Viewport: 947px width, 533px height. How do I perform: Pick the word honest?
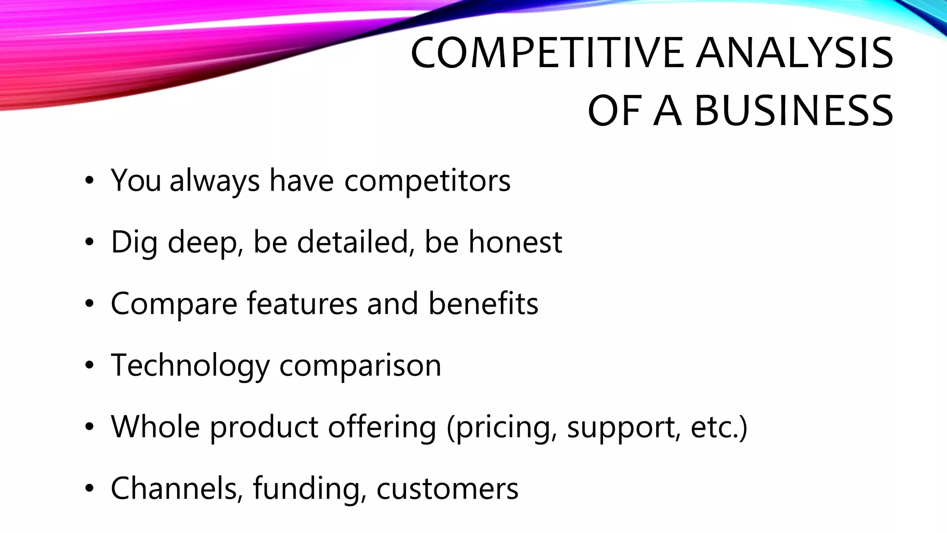[x=515, y=242]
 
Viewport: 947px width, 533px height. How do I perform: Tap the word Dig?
[x=134, y=243]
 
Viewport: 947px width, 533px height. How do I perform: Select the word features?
[x=302, y=304]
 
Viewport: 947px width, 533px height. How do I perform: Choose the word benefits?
[x=483, y=304]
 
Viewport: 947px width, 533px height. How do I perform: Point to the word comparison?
[x=360, y=366]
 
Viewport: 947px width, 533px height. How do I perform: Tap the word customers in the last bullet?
[x=447, y=489]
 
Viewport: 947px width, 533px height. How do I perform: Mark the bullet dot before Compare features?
[x=89, y=304]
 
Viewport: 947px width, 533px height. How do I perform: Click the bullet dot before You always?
[x=89, y=181]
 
